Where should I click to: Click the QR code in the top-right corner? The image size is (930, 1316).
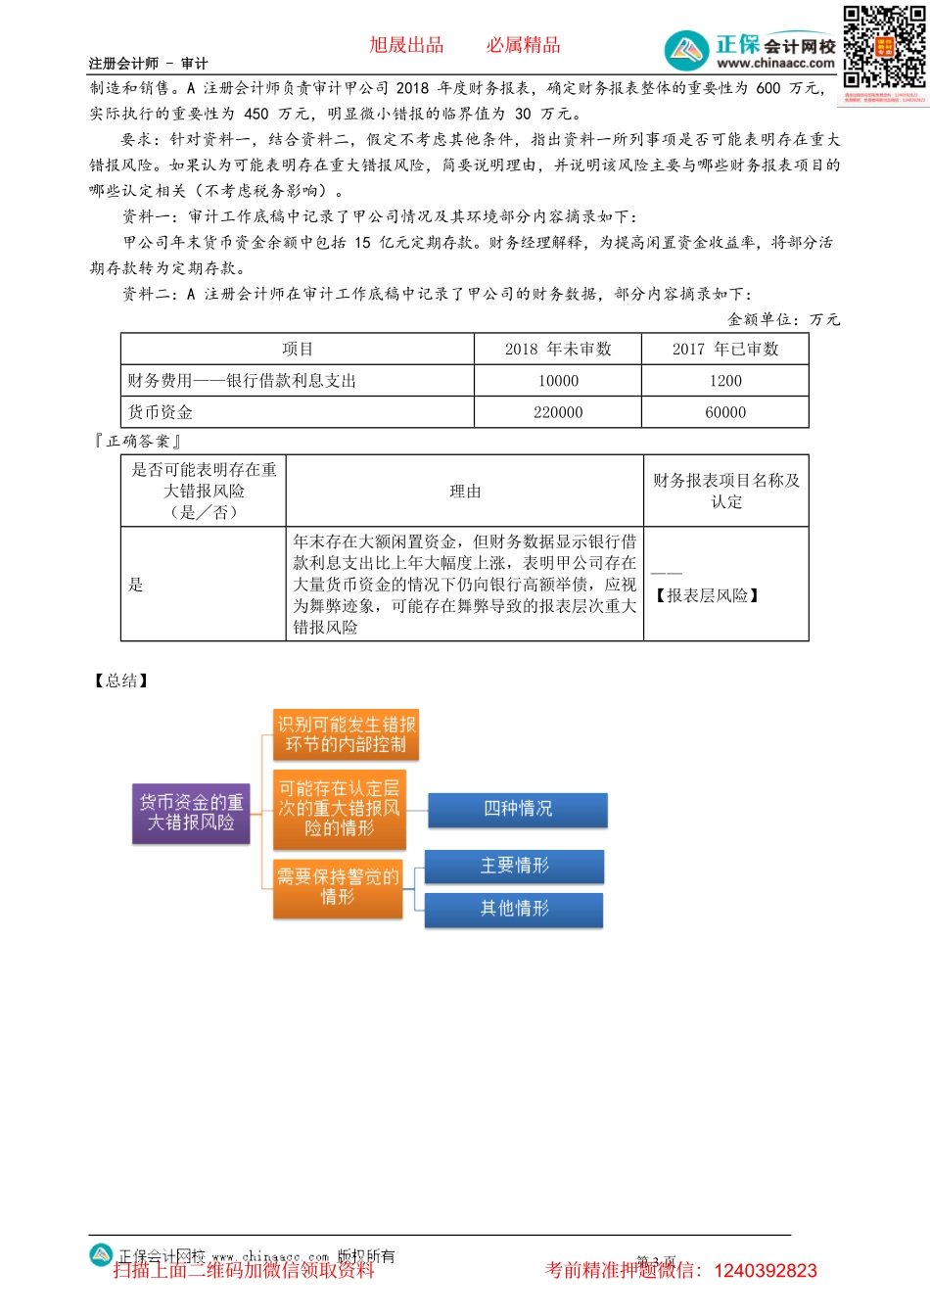coord(884,47)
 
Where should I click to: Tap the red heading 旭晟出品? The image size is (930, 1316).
coord(406,45)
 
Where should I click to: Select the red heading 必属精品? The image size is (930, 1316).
coord(524,45)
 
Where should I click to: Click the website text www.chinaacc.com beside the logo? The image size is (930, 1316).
coord(775,64)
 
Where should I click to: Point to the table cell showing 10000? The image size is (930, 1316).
coord(558,381)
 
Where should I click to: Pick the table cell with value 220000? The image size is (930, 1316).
coord(558,412)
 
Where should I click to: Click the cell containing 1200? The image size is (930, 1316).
coord(725,381)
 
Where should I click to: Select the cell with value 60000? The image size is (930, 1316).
coord(725,412)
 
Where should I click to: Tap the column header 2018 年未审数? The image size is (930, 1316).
coord(558,349)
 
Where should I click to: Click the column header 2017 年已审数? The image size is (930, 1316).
coord(725,349)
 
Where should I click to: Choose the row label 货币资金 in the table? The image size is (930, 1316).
coord(161,412)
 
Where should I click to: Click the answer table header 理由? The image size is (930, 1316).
coord(465,492)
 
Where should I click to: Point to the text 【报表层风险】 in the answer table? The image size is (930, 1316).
coord(708,595)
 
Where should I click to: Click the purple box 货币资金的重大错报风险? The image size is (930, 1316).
coord(191,813)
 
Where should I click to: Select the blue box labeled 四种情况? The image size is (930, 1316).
coord(518,809)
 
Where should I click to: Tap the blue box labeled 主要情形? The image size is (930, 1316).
coord(514,866)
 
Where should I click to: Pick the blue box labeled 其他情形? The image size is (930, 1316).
coord(514,909)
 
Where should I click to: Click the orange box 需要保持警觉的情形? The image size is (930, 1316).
coord(338,887)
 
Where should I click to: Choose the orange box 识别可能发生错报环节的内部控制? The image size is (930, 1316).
coord(346,734)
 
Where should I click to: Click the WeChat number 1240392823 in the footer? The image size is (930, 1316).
coord(766,1271)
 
